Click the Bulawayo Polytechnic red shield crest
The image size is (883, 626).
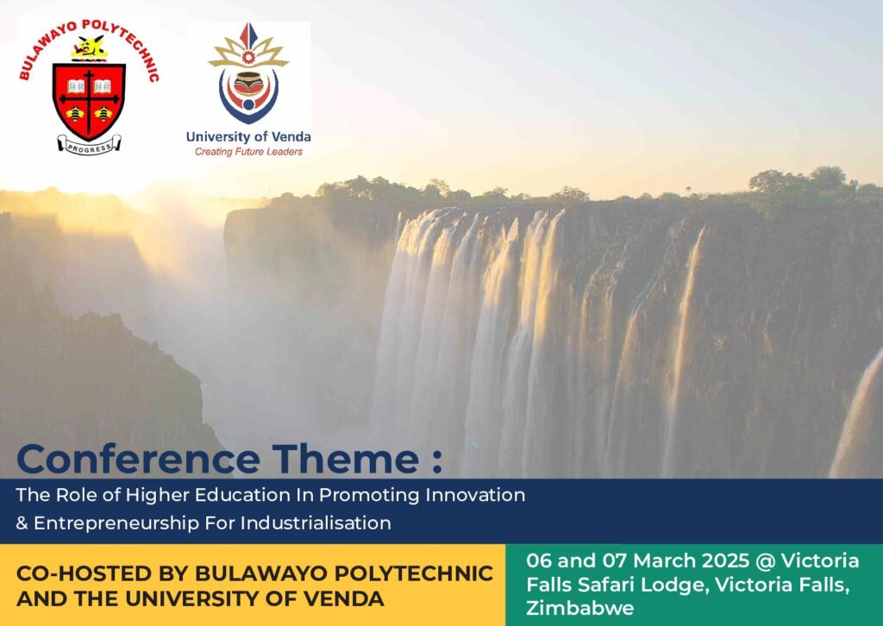89,101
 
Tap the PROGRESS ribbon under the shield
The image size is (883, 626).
89,145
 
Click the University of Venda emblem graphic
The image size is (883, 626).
248,73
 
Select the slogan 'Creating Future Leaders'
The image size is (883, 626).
248,152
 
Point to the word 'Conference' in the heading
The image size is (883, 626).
139,459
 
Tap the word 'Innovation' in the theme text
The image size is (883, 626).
475,495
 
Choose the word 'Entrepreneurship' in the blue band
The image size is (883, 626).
116,523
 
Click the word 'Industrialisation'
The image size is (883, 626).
316,523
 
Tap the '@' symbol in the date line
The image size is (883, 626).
766,561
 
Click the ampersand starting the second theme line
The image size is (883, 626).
22,523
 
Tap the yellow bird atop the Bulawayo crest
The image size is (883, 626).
89,47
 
